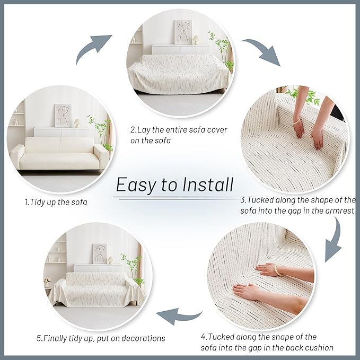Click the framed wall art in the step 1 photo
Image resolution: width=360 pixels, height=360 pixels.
pyautogui.click(x=63, y=115)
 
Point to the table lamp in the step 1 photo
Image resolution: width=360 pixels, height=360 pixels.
pyautogui.click(x=76, y=122)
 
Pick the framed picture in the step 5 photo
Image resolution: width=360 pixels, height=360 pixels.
pyautogui.click(x=99, y=253)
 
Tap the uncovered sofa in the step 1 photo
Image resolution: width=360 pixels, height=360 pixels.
pyautogui.click(x=58, y=154)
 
